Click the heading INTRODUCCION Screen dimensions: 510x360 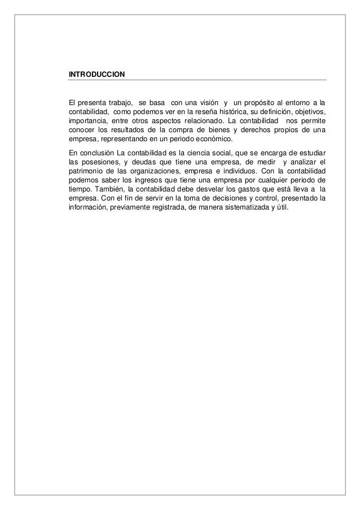pos(96,75)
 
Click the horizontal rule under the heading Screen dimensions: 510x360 pos(197,81)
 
